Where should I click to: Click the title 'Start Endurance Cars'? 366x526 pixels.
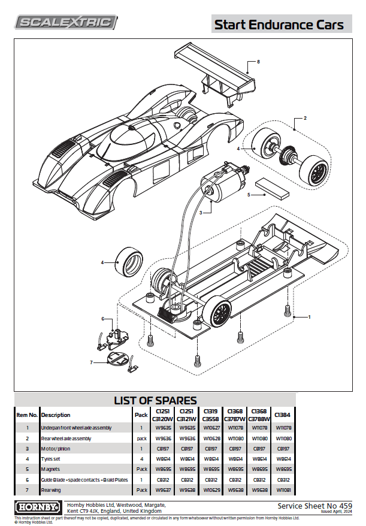279,25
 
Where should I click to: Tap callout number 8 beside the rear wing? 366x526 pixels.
258,62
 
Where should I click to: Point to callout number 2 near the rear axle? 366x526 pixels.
305,118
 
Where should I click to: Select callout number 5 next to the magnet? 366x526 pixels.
249,194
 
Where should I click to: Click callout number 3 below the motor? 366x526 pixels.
202,212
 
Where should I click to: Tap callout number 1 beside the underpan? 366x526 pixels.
309,316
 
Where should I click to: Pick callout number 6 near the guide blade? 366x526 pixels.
102,319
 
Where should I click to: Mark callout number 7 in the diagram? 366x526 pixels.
92,362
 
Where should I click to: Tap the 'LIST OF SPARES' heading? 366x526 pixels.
155,400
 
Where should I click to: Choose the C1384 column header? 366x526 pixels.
282,415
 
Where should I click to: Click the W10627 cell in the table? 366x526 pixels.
211,428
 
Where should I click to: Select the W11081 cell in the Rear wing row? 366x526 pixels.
282,490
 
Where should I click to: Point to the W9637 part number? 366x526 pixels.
163,490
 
